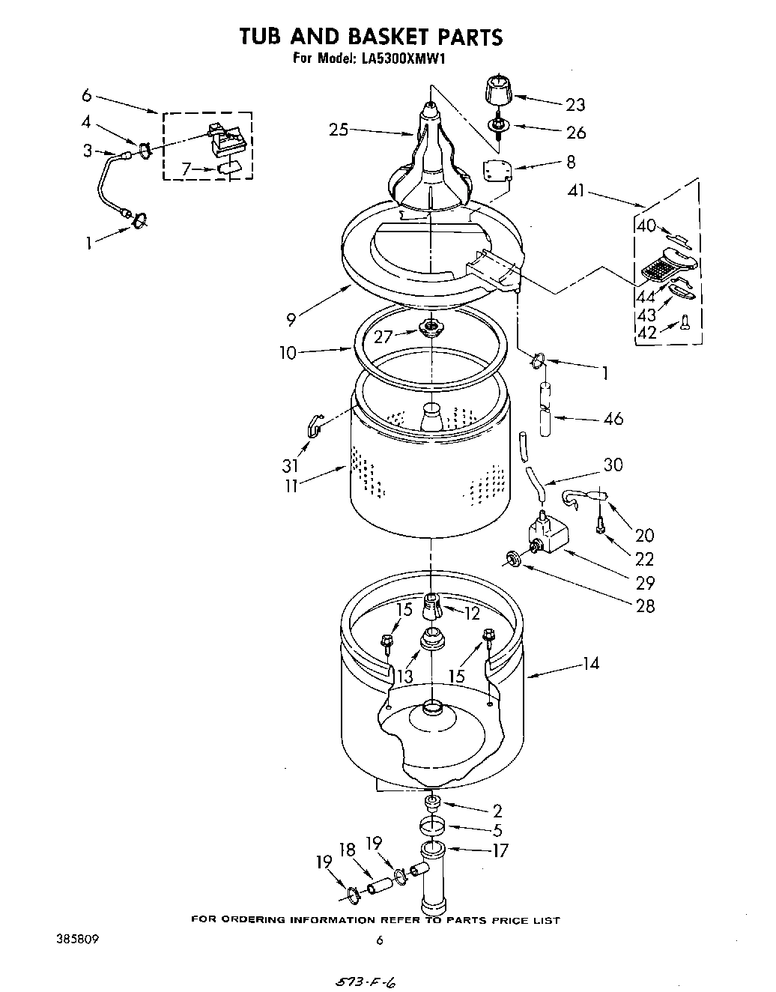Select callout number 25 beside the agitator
click(x=339, y=130)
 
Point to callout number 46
click(x=613, y=419)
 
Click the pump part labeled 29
click(x=548, y=536)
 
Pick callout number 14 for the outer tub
click(x=590, y=663)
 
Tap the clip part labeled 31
click(x=314, y=427)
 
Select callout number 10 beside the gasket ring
click(x=289, y=352)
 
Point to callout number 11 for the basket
click(x=291, y=486)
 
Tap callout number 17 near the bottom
click(x=500, y=850)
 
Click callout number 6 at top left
click(x=87, y=95)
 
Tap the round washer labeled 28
click(x=513, y=557)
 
